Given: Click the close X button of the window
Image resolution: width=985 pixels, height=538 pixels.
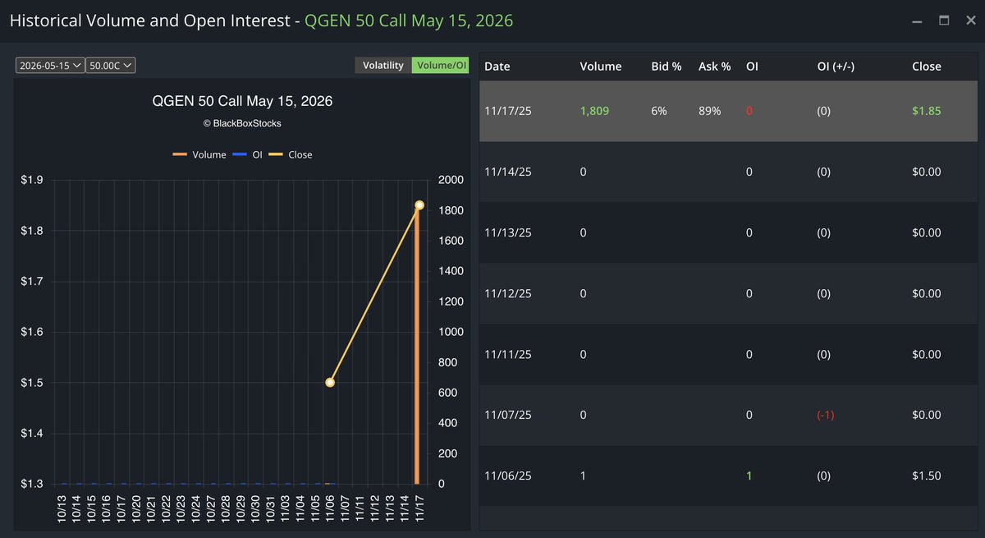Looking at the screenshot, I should point(970,21).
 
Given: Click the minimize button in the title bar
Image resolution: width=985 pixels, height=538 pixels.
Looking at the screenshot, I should point(917,21).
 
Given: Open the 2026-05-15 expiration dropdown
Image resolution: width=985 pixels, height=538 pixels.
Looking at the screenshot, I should point(50,66).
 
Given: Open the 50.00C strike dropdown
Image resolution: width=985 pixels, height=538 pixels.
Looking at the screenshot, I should point(112,66).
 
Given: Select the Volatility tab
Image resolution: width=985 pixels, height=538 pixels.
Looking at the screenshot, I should point(383,65).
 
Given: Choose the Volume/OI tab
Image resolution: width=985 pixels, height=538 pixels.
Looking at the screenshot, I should point(440,65).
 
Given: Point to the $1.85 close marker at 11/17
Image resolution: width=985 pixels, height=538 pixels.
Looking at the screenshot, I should point(419,205).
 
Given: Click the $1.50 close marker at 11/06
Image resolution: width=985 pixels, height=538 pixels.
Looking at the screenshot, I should point(330,382).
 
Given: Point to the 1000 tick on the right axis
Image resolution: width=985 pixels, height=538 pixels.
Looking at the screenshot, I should point(452,332).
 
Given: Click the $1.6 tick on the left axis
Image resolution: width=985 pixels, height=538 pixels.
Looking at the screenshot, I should point(32,332).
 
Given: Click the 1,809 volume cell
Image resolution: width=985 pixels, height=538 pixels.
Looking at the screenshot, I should point(593,111).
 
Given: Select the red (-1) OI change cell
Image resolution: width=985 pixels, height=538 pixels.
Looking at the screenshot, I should point(825,415).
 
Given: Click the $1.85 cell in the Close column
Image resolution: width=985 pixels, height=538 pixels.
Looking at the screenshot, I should point(926,111).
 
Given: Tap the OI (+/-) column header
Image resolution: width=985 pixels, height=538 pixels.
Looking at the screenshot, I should point(836,66).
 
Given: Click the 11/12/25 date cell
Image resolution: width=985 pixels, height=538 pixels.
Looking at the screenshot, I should point(508,293).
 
